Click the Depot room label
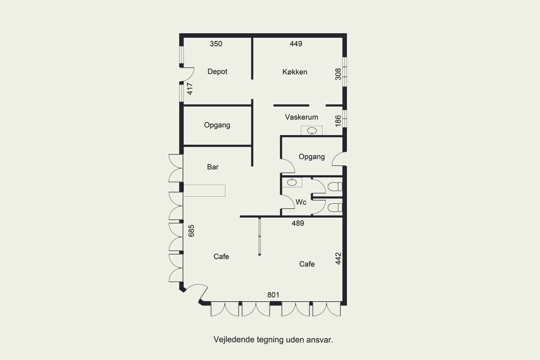tap(217, 72)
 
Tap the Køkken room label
tap(295, 72)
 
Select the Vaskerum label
tap(301, 117)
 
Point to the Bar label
tap(213, 167)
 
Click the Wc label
tap(301, 202)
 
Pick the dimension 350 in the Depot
tap(216, 44)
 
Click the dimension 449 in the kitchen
tap(296, 44)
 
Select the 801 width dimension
tap(273, 295)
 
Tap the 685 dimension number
tap(191, 231)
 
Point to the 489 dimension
tap(298, 223)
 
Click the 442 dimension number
tap(338, 259)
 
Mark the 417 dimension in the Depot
tap(190, 89)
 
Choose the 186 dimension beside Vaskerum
tap(338, 121)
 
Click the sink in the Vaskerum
tap(312, 131)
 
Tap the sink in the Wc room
tap(292, 182)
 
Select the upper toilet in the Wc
tap(335, 187)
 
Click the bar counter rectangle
tap(205, 191)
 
